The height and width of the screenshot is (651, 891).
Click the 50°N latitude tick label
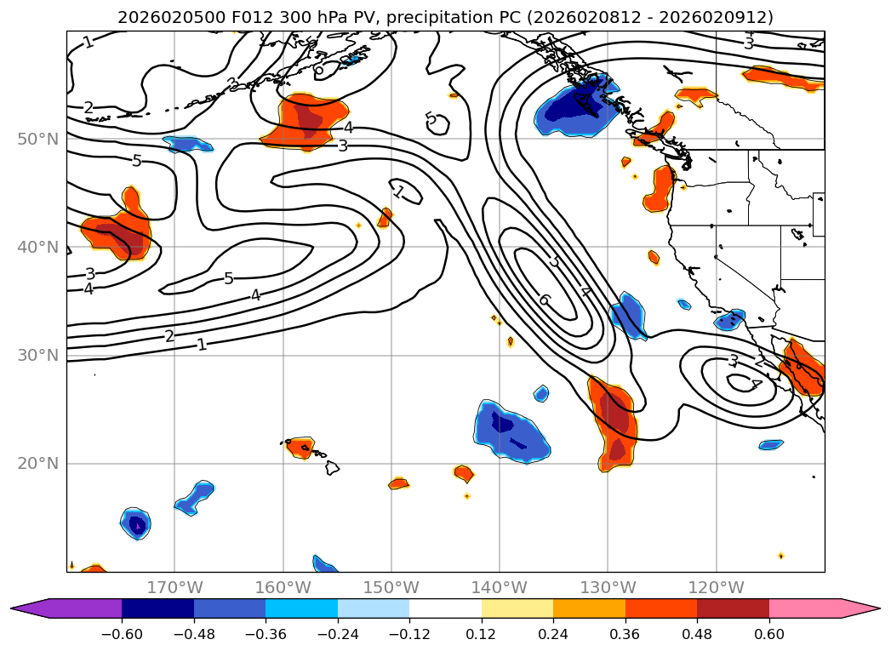pyautogui.click(x=37, y=139)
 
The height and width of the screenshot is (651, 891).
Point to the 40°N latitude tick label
pyautogui.click(x=37, y=248)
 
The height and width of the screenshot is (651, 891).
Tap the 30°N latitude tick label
pyautogui.click(x=37, y=356)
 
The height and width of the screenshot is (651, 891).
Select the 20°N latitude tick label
pyautogui.click(x=37, y=464)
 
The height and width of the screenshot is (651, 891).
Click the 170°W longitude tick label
pyautogui.click(x=174, y=587)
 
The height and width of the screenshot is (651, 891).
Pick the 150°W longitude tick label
pyautogui.click(x=391, y=587)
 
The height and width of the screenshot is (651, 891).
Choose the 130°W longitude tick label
pyautogui.click(x=608, y=587)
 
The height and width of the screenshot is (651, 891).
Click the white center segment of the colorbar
pyautogui.click(x=445, y=608)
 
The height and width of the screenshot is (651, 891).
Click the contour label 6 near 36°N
pyautogui.click(x=544, y=300)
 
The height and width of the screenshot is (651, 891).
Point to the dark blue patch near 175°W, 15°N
pyautogui.click(x=136, y=523)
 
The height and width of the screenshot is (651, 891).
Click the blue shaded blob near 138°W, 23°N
pyautogui.click(x=511, y=430)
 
